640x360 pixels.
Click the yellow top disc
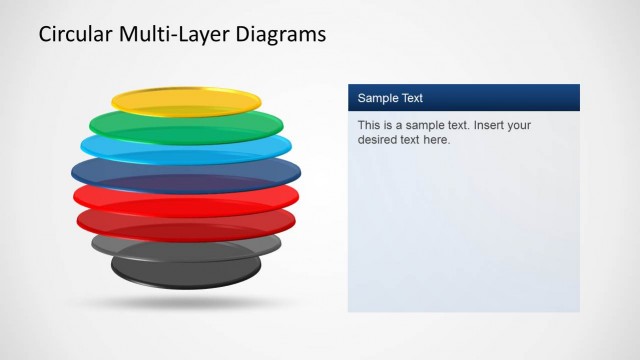186,100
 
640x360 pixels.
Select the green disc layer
186,123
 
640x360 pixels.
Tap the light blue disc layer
186,147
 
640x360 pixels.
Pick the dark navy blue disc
186,170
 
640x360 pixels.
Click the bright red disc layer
186,195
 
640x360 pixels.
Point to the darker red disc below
186,220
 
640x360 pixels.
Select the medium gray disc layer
186,243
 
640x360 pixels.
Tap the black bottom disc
186,267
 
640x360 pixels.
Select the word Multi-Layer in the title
176,35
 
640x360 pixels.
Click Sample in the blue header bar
378,98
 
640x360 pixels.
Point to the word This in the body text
369,126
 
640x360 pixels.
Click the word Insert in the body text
490,126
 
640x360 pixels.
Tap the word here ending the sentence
438,140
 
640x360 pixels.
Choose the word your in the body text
520,126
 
